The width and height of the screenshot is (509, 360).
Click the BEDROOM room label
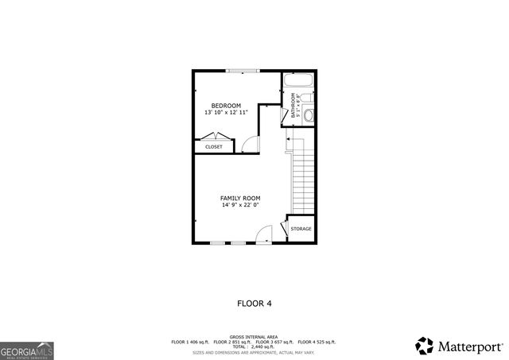226,106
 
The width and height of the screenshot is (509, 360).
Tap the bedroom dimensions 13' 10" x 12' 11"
226,113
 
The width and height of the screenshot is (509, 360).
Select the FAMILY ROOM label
240,198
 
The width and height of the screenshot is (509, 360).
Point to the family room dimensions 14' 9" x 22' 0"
240,205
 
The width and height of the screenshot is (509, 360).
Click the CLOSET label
214,147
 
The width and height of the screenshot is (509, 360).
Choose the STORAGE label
301,229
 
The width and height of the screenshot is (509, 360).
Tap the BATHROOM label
293,106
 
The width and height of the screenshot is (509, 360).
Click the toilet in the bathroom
309,114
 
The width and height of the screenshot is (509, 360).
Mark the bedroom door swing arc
251,143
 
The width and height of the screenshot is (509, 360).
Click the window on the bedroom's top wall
241,72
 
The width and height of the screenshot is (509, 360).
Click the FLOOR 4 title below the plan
254,303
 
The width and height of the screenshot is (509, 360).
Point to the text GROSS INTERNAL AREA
254,337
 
